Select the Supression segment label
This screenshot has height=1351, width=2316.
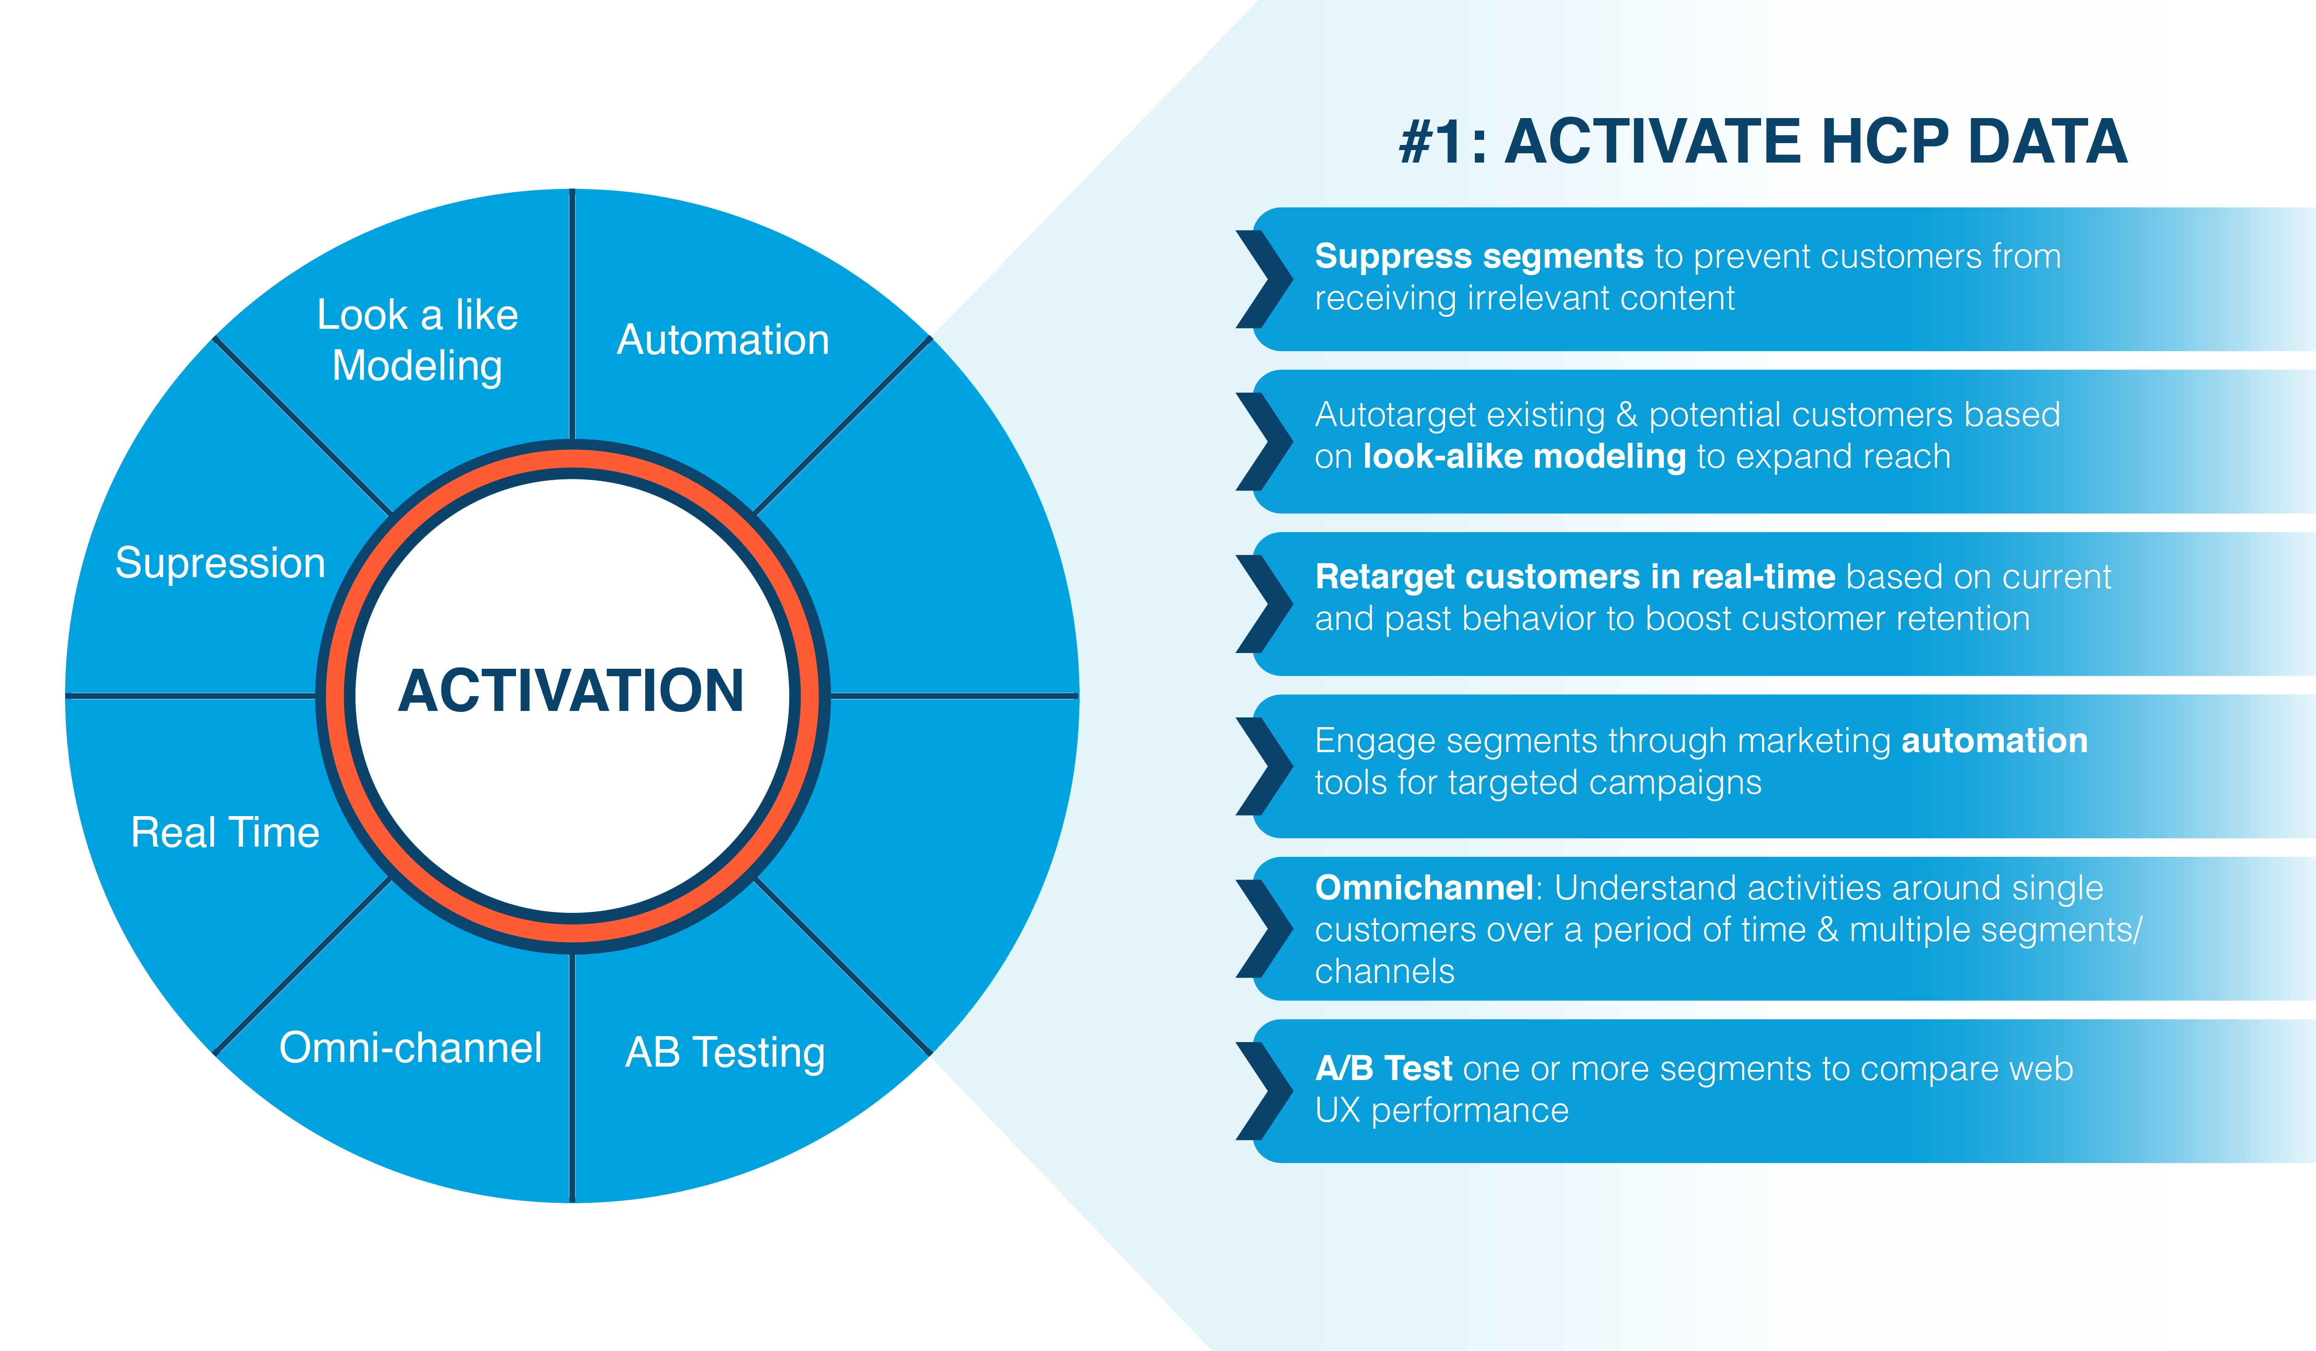[x=220, y=562]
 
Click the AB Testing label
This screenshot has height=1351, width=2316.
[x=725, y=1053]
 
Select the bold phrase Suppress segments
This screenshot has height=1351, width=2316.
[x=1479, y=257]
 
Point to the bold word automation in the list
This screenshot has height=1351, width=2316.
[x=1995, y=741]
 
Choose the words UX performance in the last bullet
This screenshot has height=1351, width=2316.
[x=1441, y=1110]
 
